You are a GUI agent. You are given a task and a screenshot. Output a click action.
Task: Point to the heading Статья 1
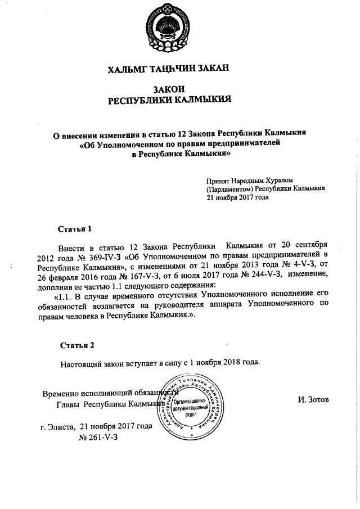[x=74, y=229]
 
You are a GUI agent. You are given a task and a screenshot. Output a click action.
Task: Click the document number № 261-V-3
[x=99, y=436]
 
